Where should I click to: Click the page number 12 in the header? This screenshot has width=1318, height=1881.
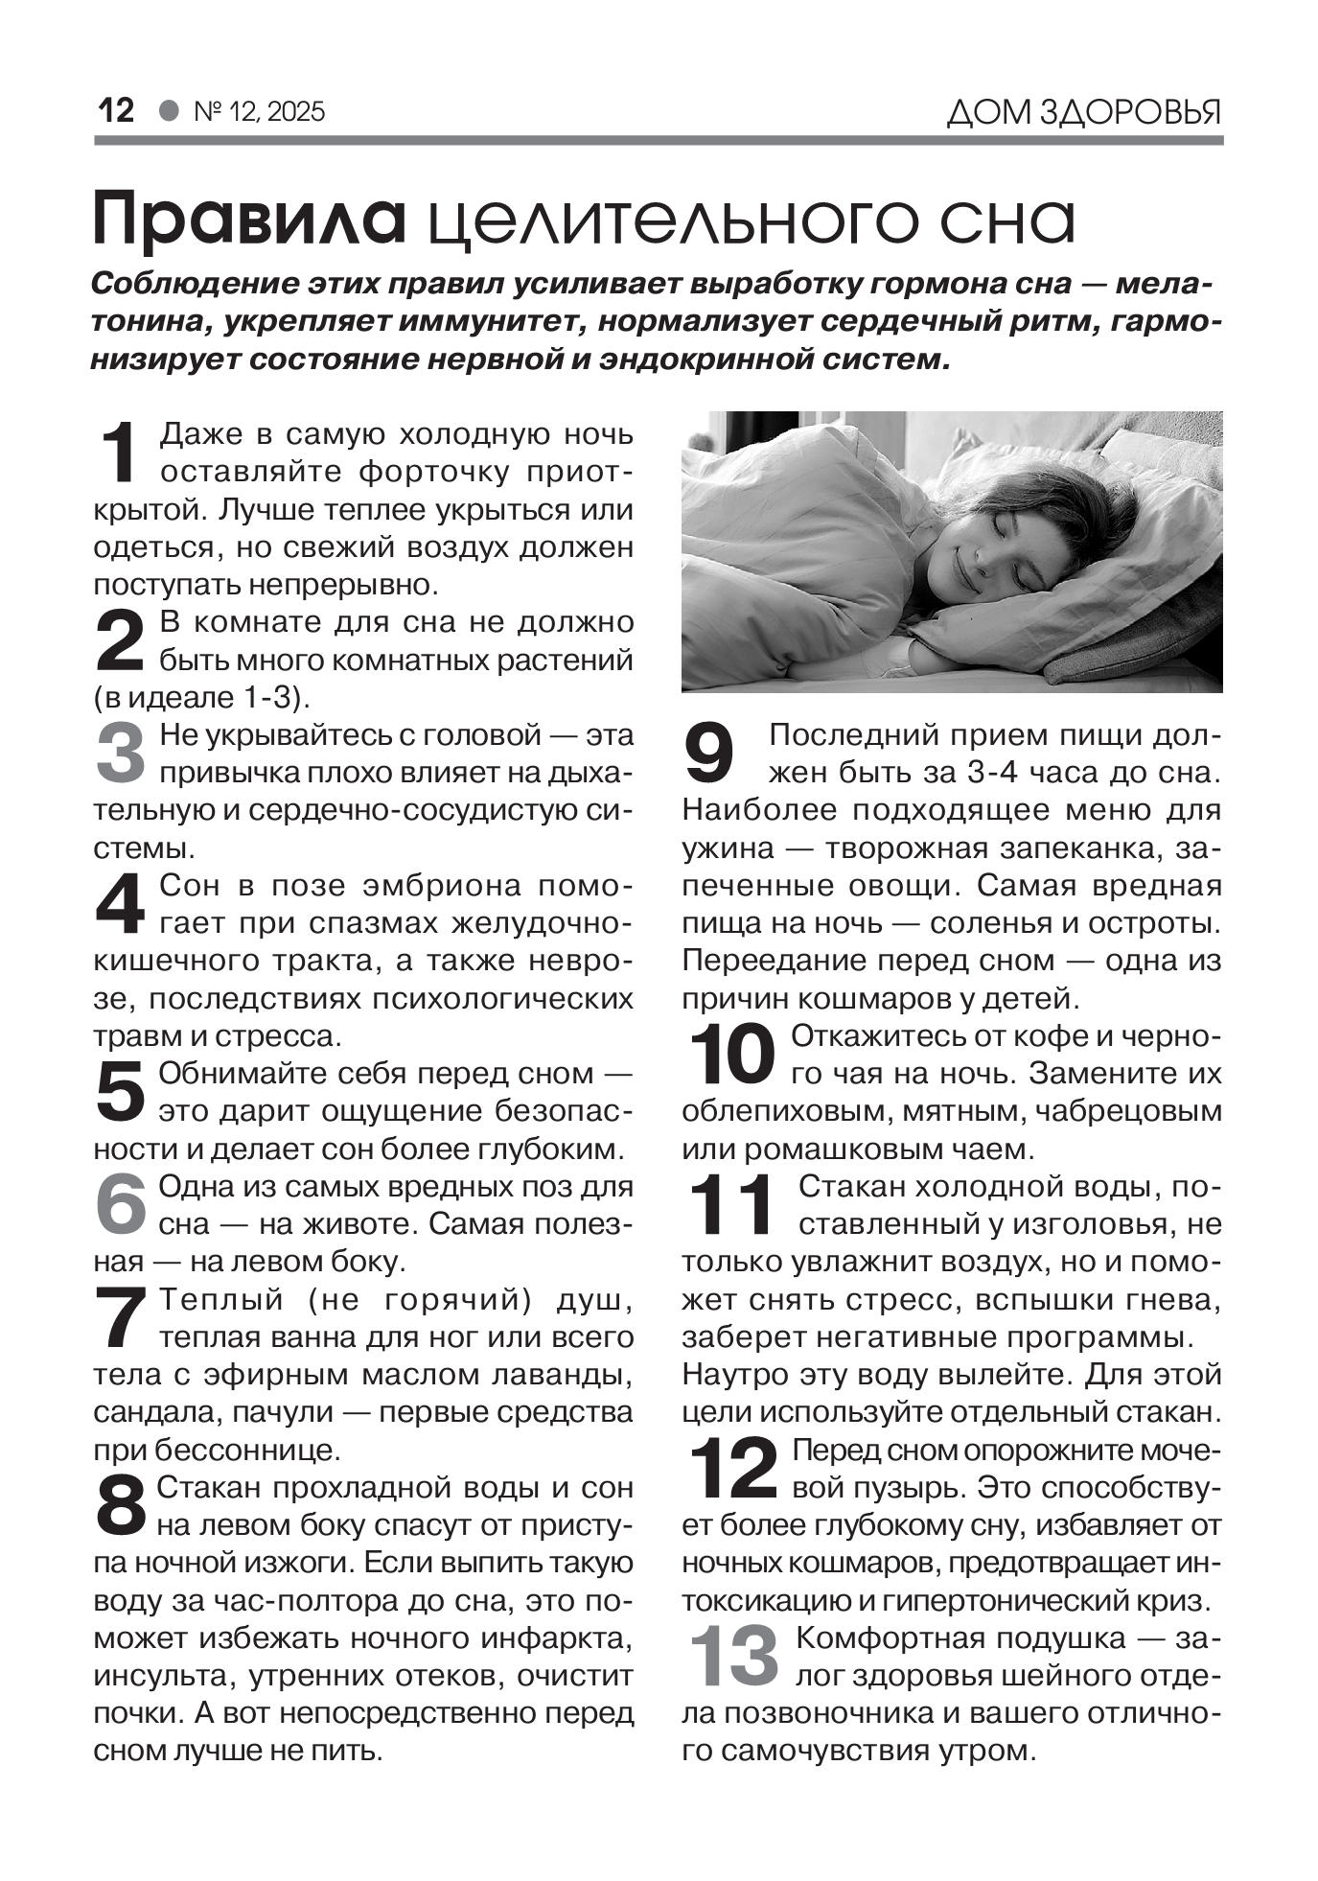pos(116,111)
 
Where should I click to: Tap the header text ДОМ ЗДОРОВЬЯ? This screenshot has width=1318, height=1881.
pos(1084,113)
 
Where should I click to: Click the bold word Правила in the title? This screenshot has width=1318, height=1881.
pos(248,221)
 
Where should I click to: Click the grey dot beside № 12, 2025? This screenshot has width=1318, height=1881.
pos(170,111)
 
